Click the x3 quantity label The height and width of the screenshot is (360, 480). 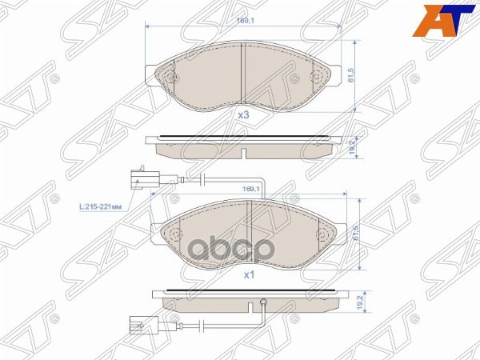244,115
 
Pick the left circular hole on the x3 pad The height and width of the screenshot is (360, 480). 170,78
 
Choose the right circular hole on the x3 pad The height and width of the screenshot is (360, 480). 316,78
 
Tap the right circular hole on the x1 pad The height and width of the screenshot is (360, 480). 324,236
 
